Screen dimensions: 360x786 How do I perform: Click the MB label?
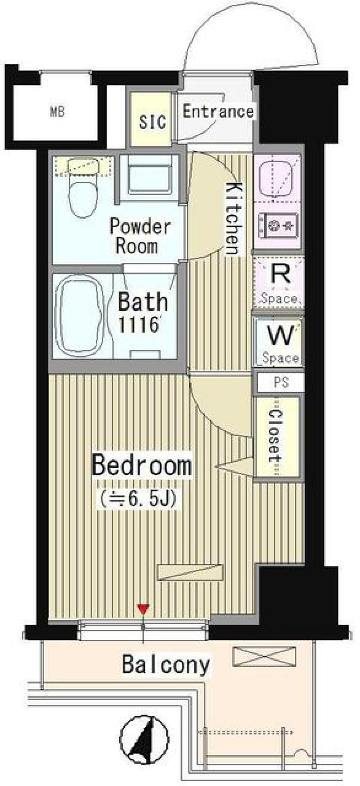coord(57,112)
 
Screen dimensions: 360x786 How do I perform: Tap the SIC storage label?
coord(152,121)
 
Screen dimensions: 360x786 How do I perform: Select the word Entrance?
coord(218,111)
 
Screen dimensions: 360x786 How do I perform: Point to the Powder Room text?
coord(139,236)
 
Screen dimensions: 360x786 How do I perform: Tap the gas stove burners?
coord(281,225)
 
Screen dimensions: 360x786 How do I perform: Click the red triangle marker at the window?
coord(143,609)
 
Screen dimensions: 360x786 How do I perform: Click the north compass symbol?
coord(145,734)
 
